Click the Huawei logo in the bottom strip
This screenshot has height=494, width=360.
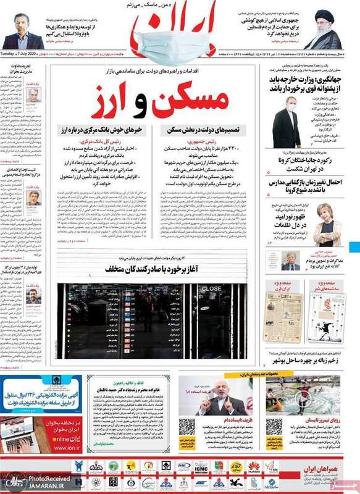click(253, 467)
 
